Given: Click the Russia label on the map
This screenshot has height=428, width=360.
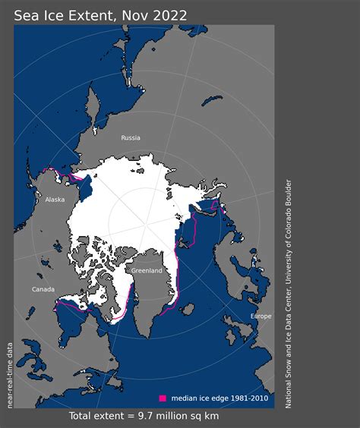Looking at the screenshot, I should pos(131,138).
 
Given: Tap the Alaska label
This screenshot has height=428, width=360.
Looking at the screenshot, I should pos(55,200).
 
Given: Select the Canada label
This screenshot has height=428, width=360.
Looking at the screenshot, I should pos(43,289).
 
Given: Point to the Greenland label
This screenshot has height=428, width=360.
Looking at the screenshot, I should pos(146,270).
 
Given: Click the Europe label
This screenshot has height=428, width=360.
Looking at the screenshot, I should pos(261,316).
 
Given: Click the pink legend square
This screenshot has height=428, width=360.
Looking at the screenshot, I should pos(162,398).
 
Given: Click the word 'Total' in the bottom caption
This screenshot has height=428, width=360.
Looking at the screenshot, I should pos(83,416).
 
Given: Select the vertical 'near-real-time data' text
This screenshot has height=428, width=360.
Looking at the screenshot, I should pos(11,374).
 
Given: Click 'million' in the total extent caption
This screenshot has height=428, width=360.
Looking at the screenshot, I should pos(177,416).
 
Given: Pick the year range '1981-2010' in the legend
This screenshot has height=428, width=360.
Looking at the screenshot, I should pos(248,398).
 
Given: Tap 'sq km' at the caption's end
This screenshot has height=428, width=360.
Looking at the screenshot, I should pos(212,416).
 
